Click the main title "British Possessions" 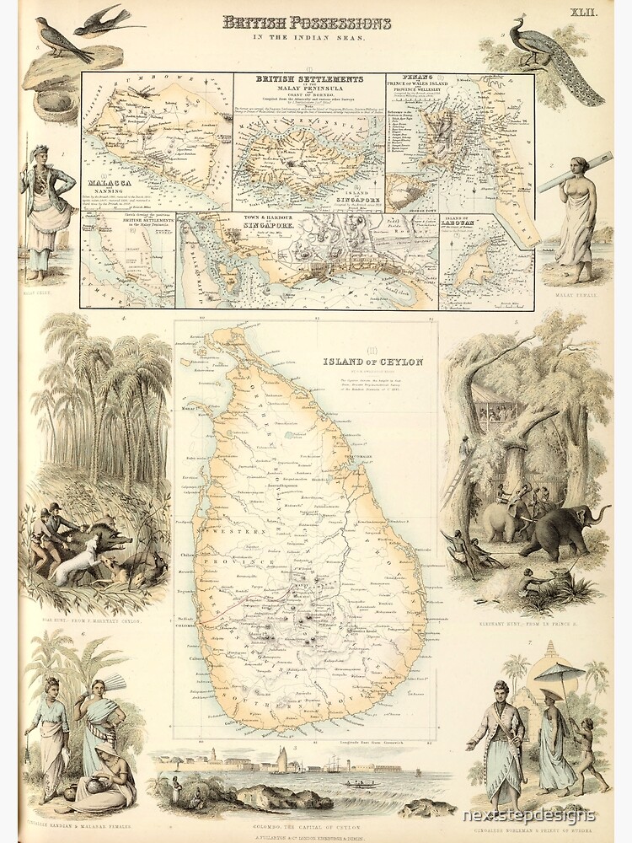(x=306, y=23)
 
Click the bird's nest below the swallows (x=56, y=100)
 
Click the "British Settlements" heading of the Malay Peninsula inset (x=309, y=82)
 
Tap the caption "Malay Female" (x=576, y=295)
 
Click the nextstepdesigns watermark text (x=528, y=815)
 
